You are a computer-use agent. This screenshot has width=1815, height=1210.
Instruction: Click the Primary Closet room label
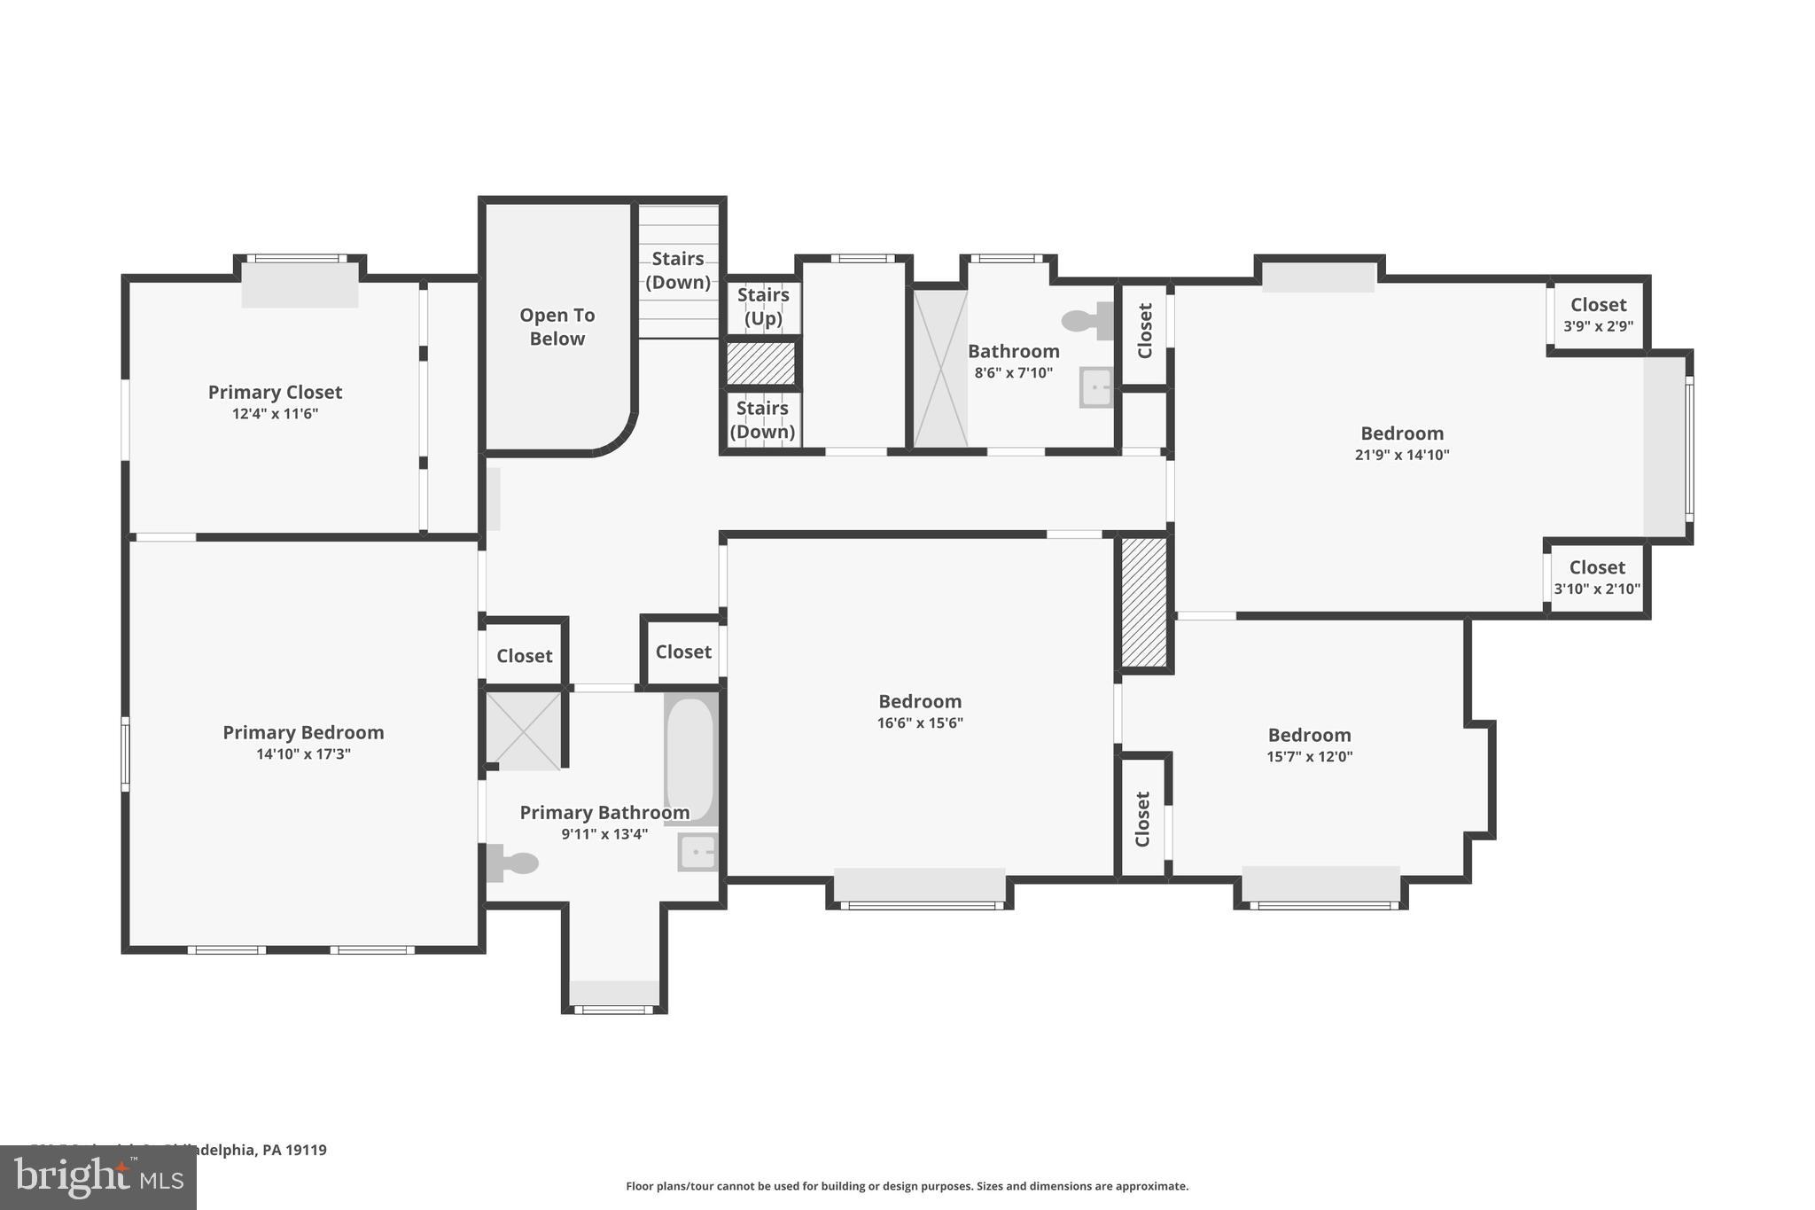click(x=275, y=392)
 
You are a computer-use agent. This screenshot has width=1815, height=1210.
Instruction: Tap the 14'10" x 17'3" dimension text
click(x=303, y=754)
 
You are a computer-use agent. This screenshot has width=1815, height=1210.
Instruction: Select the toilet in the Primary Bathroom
click(x=514, y=863)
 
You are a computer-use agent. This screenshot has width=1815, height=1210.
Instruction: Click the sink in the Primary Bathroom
click(x=698, y=852)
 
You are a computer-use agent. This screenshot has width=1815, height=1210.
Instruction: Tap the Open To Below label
click(x=557, y=327)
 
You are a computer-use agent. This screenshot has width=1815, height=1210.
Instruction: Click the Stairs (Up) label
click(x=763, y=306)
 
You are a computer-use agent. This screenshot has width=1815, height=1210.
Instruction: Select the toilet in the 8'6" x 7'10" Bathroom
click(x=1087, y=321)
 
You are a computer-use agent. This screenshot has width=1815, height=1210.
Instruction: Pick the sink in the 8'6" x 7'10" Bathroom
click(x=1097, y=387)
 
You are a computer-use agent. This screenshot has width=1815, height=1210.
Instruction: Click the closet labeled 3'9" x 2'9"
click(x=1598, y=315)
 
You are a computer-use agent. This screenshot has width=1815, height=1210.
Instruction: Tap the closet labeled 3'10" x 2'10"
click(x=1596, y=577)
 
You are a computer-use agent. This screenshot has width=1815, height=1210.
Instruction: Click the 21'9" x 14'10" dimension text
click(x=1402, y=455)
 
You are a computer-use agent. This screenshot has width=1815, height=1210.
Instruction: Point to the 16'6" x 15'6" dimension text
click(x=920, y=722)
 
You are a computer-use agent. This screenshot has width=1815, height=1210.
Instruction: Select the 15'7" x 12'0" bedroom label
click(x=1309, y=735)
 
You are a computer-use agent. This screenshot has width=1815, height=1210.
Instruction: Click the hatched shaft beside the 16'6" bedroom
click(x=1144, y=602)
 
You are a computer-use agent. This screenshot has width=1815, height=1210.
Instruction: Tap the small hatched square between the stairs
click(x=761, y=363)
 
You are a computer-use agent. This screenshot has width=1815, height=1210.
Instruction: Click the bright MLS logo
click(x=98, y=1177)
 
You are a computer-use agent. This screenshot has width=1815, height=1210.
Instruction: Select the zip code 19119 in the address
click(x=306, y=1150)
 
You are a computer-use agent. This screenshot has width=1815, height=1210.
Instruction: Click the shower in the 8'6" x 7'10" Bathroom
click(x=940, y=368)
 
